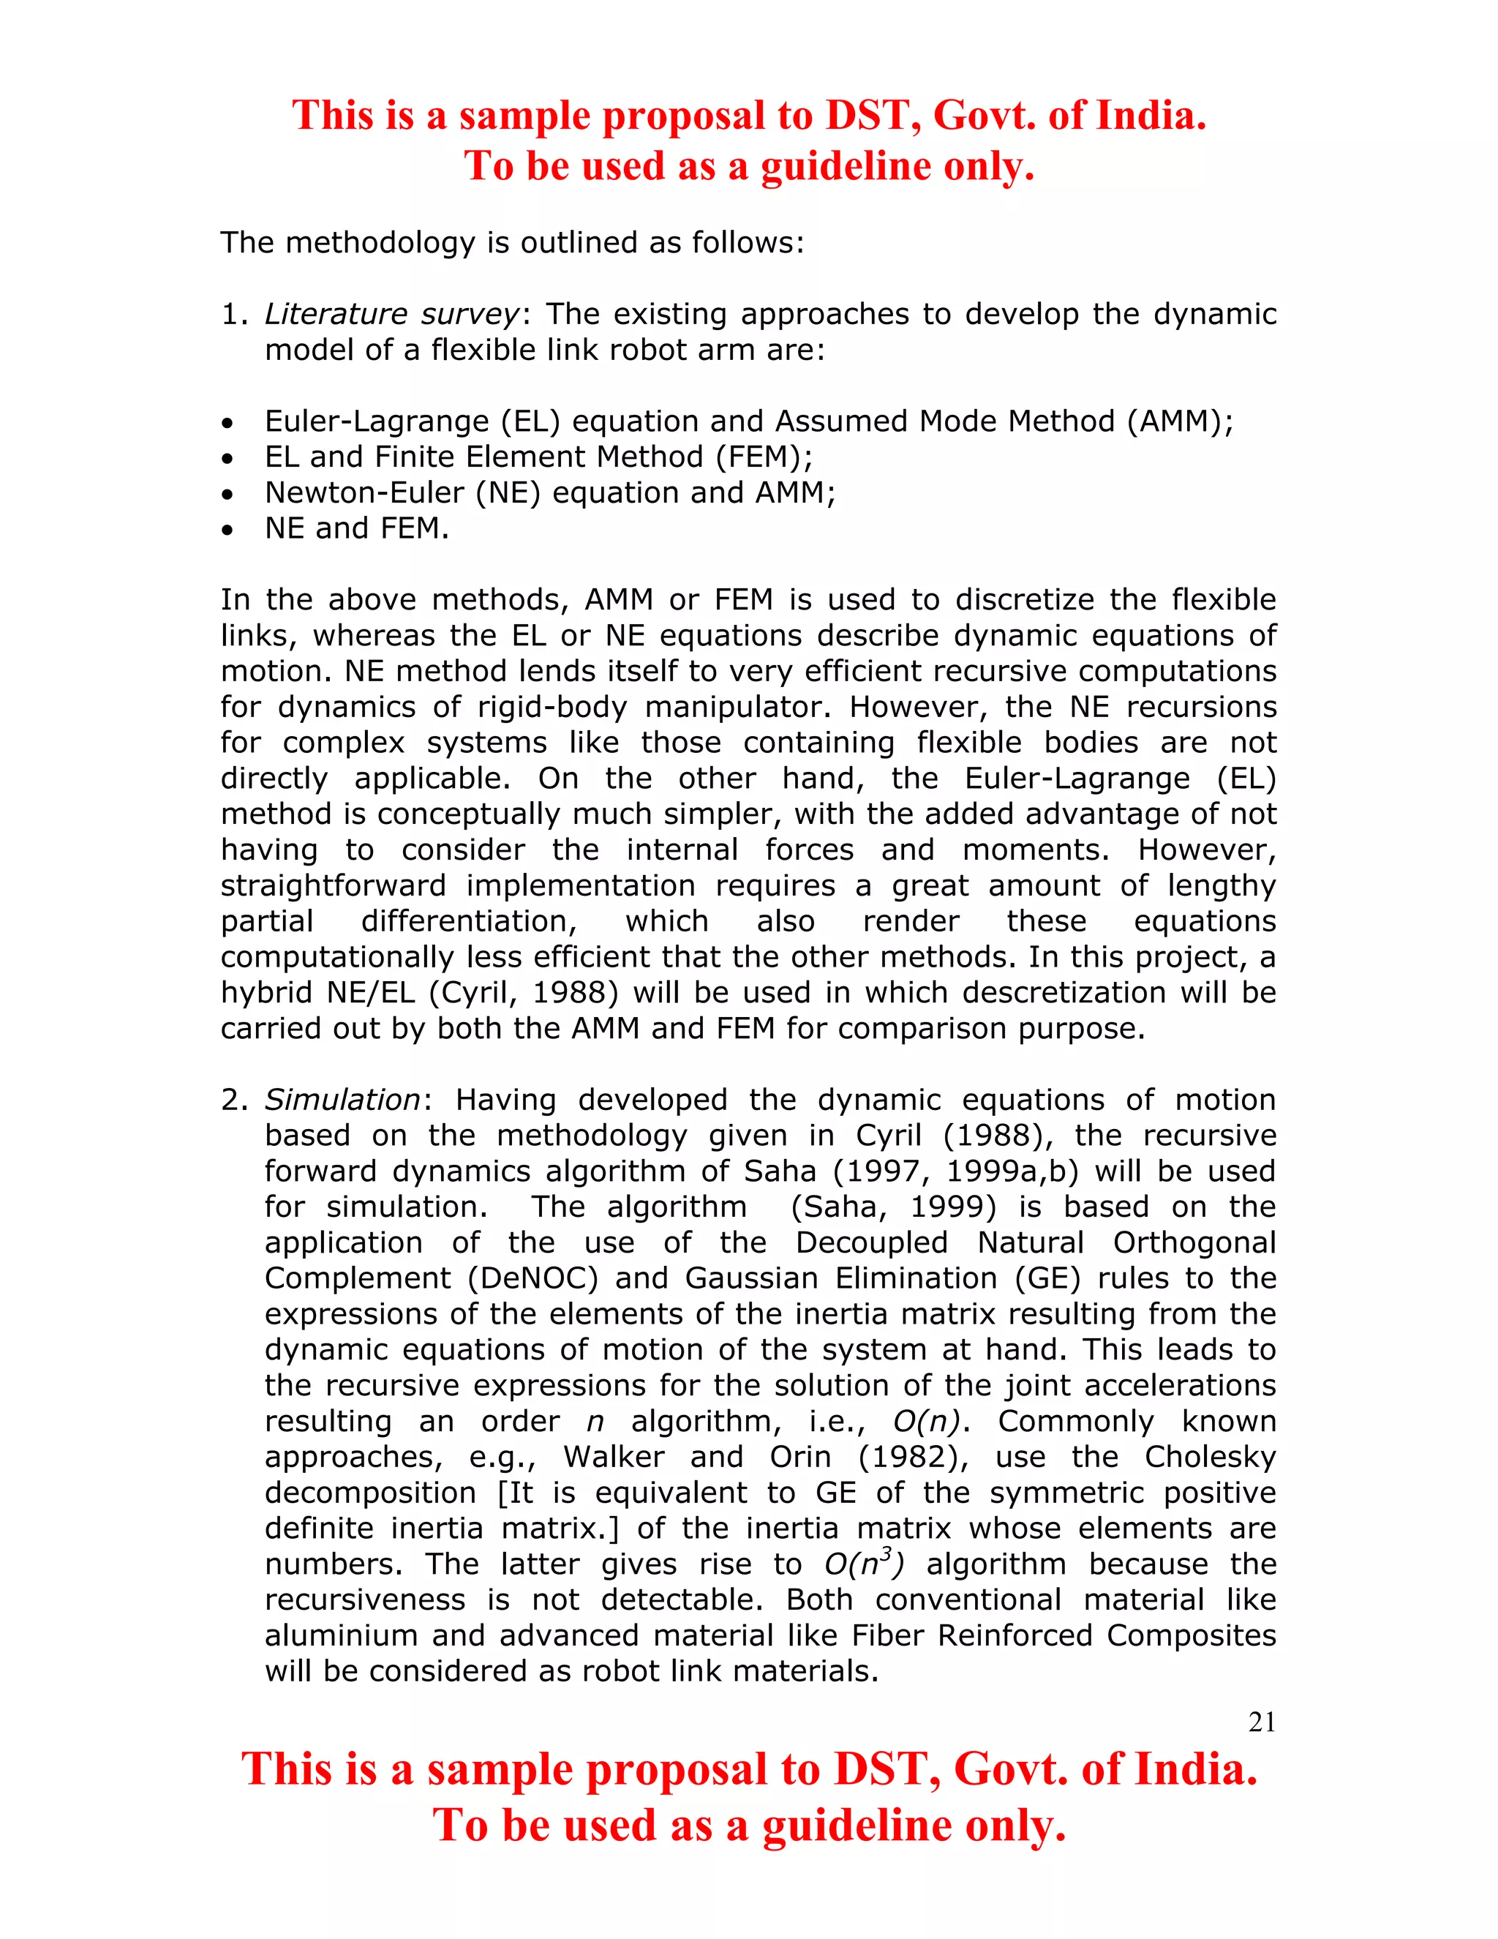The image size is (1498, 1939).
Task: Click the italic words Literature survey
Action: pos(391,315)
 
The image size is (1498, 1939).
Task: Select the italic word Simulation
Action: pos(342,1100)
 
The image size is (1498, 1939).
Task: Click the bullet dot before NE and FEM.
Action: pos(228,530)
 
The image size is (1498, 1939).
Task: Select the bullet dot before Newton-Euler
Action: pos(228,495)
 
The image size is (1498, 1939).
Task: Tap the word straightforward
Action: pos(333,886)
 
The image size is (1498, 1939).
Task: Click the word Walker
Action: pos(613,1457)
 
